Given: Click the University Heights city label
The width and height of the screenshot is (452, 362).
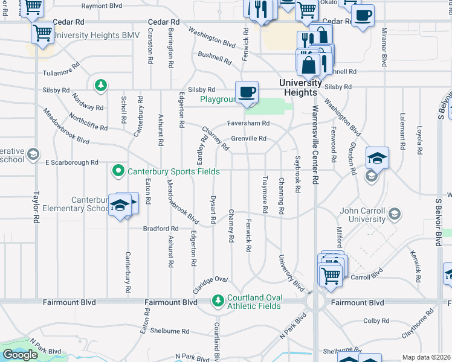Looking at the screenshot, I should coord(300,87).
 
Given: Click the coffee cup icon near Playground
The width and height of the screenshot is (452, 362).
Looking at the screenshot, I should coord(247,93).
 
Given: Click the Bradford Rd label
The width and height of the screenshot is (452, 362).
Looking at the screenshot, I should coord(161,229).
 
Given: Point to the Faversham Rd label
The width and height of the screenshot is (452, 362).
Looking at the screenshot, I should coord(248,123).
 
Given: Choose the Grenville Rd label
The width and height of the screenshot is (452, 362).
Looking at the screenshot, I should coord(248,139).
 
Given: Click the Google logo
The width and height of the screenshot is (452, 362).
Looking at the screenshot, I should coord(20,355).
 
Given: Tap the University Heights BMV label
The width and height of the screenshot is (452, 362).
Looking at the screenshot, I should coord(97,36).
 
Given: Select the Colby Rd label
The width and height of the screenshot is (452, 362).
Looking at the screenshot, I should coord(376,321).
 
